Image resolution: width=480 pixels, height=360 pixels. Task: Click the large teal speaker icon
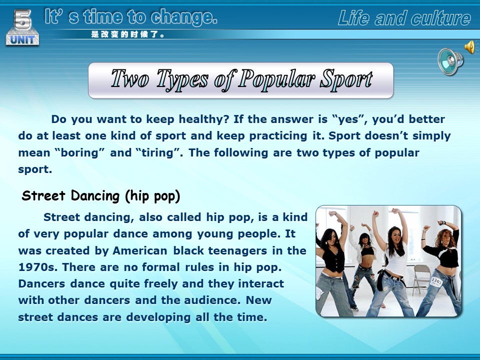click(450, 61)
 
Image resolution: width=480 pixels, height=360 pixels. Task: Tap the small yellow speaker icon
click(470, 47)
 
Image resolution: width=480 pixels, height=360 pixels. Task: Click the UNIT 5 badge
click(22, 27)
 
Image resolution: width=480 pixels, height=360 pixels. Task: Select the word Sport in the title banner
click(346, 79)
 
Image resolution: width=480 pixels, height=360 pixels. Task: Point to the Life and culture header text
click(404, 18)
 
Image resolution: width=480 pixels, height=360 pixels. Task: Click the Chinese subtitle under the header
click(127, 34)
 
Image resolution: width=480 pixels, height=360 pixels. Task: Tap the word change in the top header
click(183, 17)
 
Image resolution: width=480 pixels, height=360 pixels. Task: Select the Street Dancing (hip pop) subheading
click(101, 196)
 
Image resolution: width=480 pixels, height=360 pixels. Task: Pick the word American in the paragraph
click(140, 250)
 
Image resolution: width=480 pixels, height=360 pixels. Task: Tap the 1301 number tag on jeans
click(436, 281)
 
